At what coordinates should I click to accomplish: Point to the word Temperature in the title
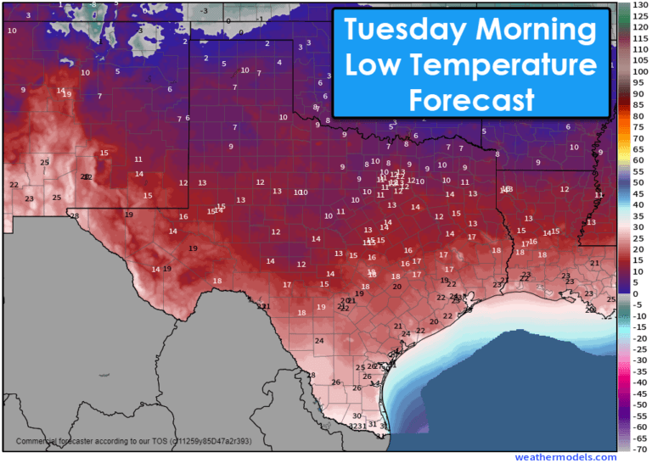(x=507, y=65)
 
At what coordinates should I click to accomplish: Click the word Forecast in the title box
(x=471, y=99)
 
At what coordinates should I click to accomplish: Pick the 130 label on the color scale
(x=642, y=6)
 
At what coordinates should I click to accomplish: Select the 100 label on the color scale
(x=642, y=72)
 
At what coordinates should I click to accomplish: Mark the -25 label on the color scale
(x=640, y=349)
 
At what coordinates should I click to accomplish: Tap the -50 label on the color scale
(x=640, y=404)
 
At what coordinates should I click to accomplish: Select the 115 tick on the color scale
(x=642, y=39)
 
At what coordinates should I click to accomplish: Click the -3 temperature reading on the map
(x=204, y=11)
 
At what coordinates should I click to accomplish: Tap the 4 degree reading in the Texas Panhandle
(x=278, y=63)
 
